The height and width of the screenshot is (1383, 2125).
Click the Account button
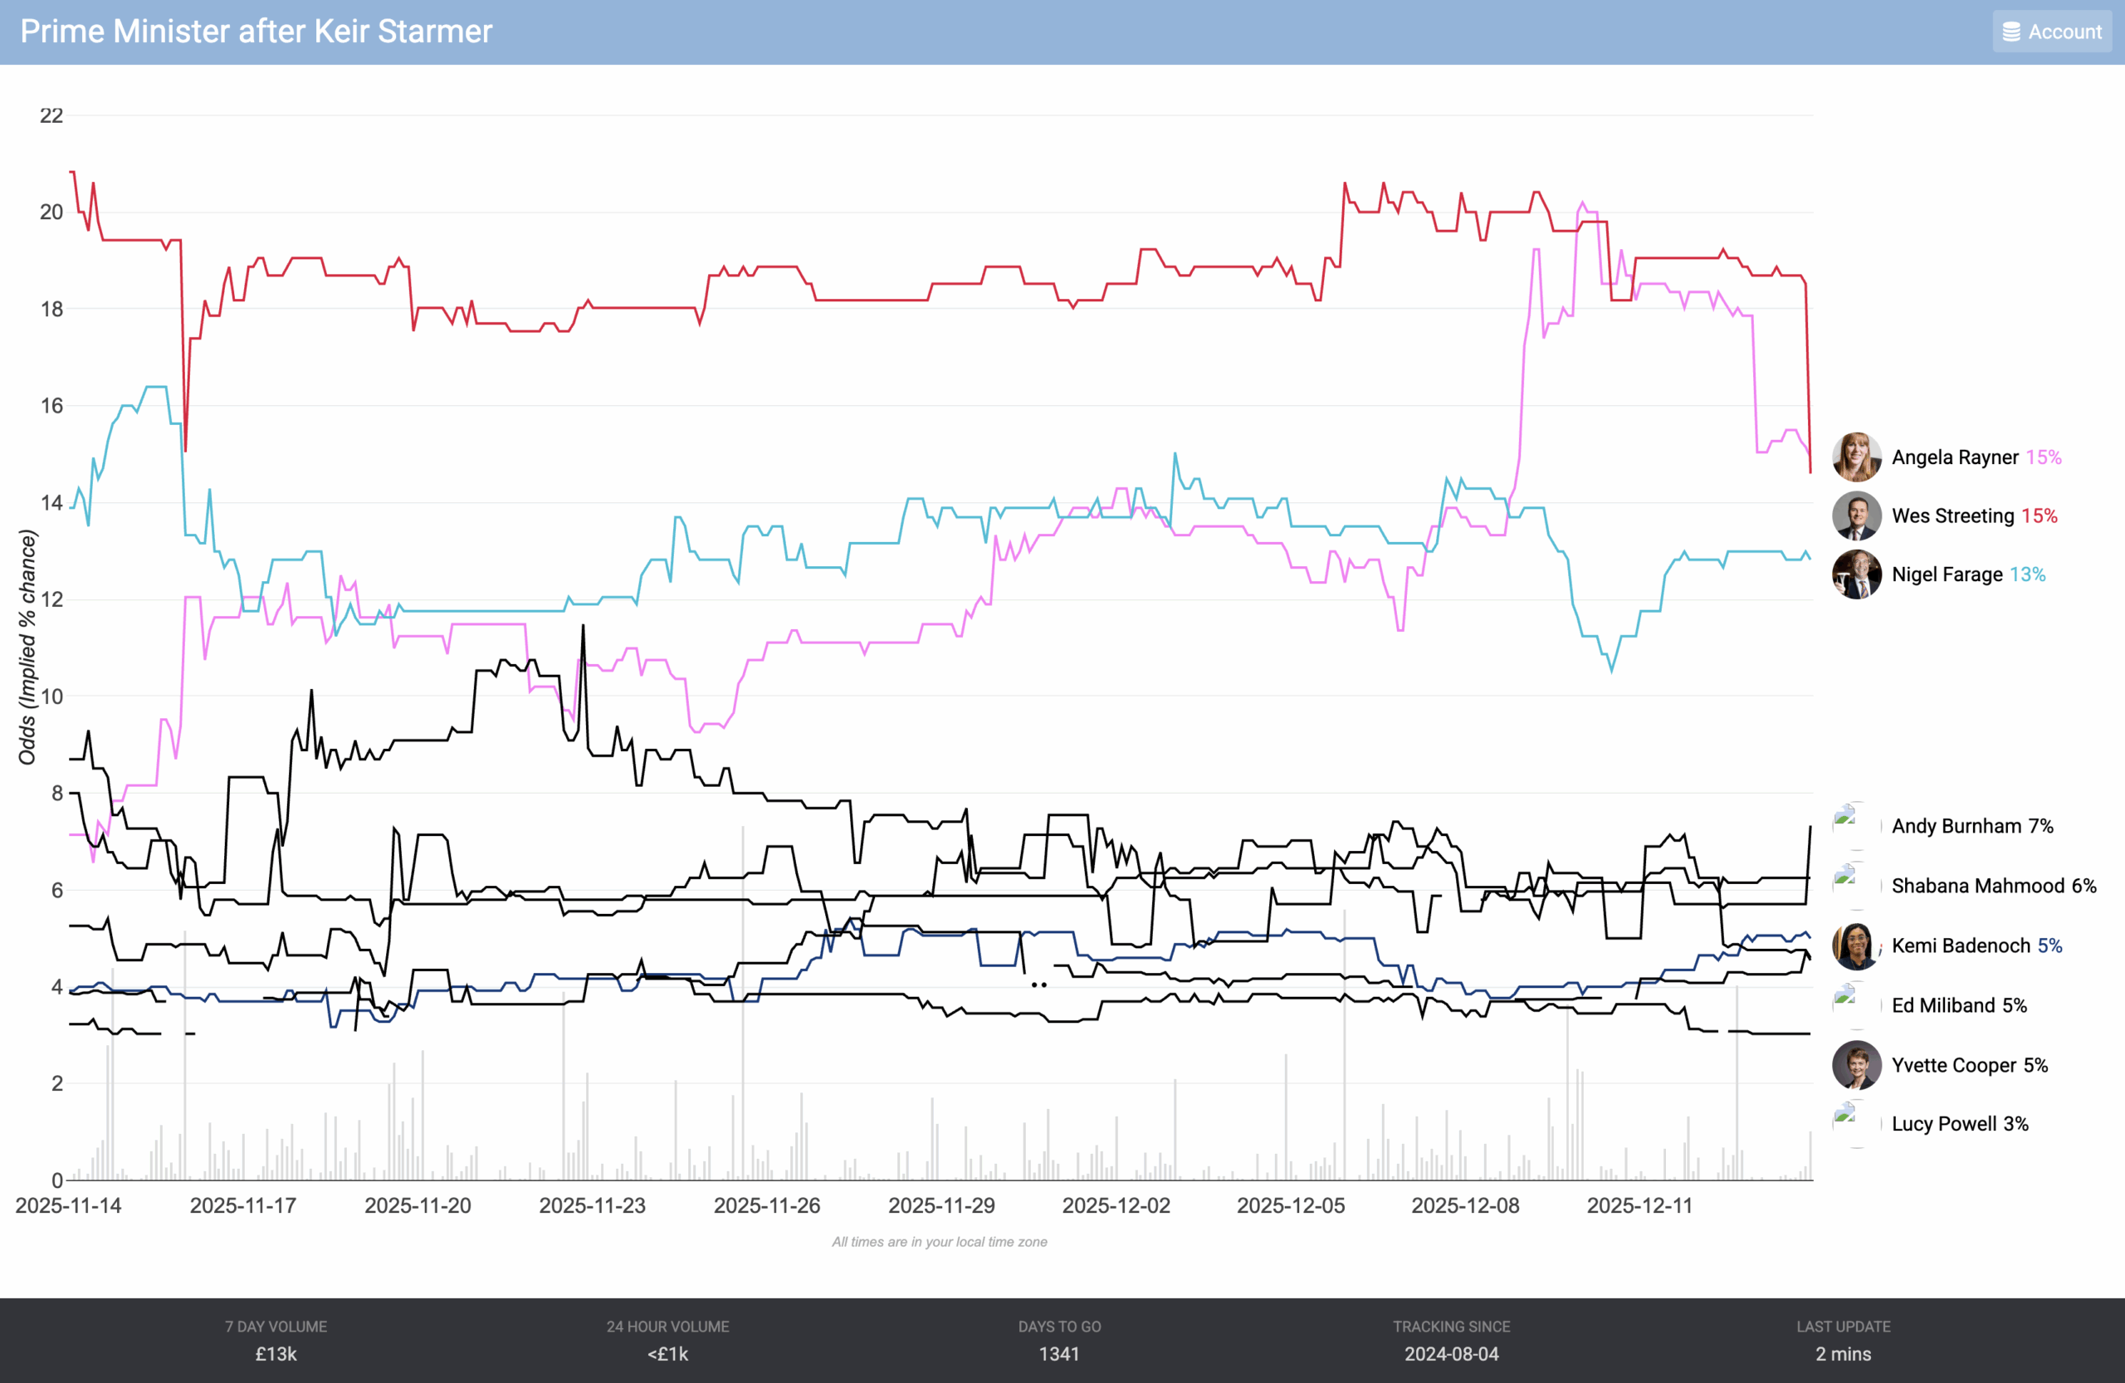pos(2052,32)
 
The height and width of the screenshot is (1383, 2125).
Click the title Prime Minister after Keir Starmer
pos(256,32)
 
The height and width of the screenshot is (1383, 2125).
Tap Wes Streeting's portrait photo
pos(1856,516)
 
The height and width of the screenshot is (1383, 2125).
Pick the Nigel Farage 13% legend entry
pos(1968,574)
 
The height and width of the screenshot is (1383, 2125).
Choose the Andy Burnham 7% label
pos(1971,826)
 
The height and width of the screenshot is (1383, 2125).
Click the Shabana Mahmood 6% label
pos(1993,886)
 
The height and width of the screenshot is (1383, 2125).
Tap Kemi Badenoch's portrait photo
pos(1856,946)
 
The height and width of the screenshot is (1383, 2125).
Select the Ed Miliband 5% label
pos(1959,1005)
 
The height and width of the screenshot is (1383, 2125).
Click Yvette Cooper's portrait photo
pos(1856,1065)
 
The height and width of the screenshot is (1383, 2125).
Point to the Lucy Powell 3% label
pos(1959,1123)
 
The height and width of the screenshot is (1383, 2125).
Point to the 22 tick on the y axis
pos(51,115)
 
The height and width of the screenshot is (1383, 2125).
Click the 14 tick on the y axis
pos(51,503)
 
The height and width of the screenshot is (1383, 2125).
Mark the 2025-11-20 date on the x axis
pos(418,1205)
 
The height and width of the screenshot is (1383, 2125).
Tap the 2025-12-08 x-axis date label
pos(1465,1205)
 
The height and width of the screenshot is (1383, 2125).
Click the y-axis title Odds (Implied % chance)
pos(27,648)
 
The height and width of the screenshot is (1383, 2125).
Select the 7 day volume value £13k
pos(276,1354)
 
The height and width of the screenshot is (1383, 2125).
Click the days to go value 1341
pos(1059,1354)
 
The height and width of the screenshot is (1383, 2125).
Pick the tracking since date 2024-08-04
pos(1451,1354)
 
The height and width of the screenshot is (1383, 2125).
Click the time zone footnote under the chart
pos(940,1242)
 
